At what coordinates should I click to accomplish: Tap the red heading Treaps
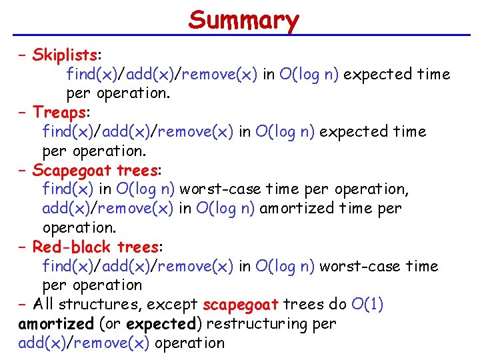click(x=59, y=112)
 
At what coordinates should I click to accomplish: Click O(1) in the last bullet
click(x=367, y=305)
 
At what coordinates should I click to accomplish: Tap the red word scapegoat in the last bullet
click(x=240, y=305)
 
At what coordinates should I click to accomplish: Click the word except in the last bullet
click(x=172, y=305)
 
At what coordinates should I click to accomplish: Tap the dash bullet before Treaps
click(x=24, y=112)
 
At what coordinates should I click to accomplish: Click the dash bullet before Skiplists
click(x=24, y=55)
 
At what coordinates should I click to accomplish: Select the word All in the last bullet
click(x=44, y=305)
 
